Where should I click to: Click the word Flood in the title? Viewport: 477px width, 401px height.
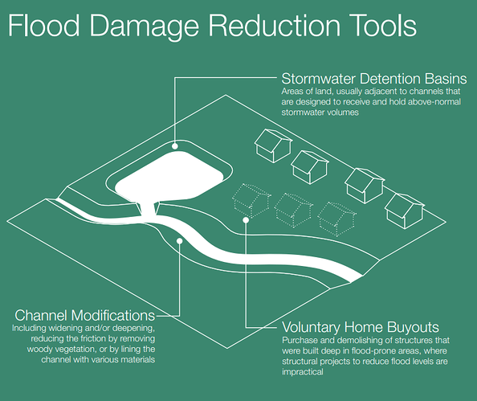click(44, 25)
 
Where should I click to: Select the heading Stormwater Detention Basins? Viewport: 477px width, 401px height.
click(374, 79)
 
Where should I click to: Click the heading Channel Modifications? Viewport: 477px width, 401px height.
click(85, 315)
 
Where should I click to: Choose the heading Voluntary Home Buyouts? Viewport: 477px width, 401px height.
click(361, 327)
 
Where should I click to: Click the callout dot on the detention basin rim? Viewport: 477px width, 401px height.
click(174, 146)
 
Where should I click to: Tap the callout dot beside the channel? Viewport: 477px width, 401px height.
click(180, 241)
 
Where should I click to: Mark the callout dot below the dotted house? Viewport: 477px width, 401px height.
click(246, 220)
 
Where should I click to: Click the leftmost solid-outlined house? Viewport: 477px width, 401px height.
click(273, 145)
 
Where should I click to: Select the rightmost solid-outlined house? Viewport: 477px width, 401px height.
click(405, 211)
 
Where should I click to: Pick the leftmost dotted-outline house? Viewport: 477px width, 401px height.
click(251, 200)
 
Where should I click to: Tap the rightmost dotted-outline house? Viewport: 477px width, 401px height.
click(336, 219)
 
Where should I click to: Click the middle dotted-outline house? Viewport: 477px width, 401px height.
click(294, 210)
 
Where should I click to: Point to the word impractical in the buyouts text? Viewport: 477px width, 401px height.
click(303, 372)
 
